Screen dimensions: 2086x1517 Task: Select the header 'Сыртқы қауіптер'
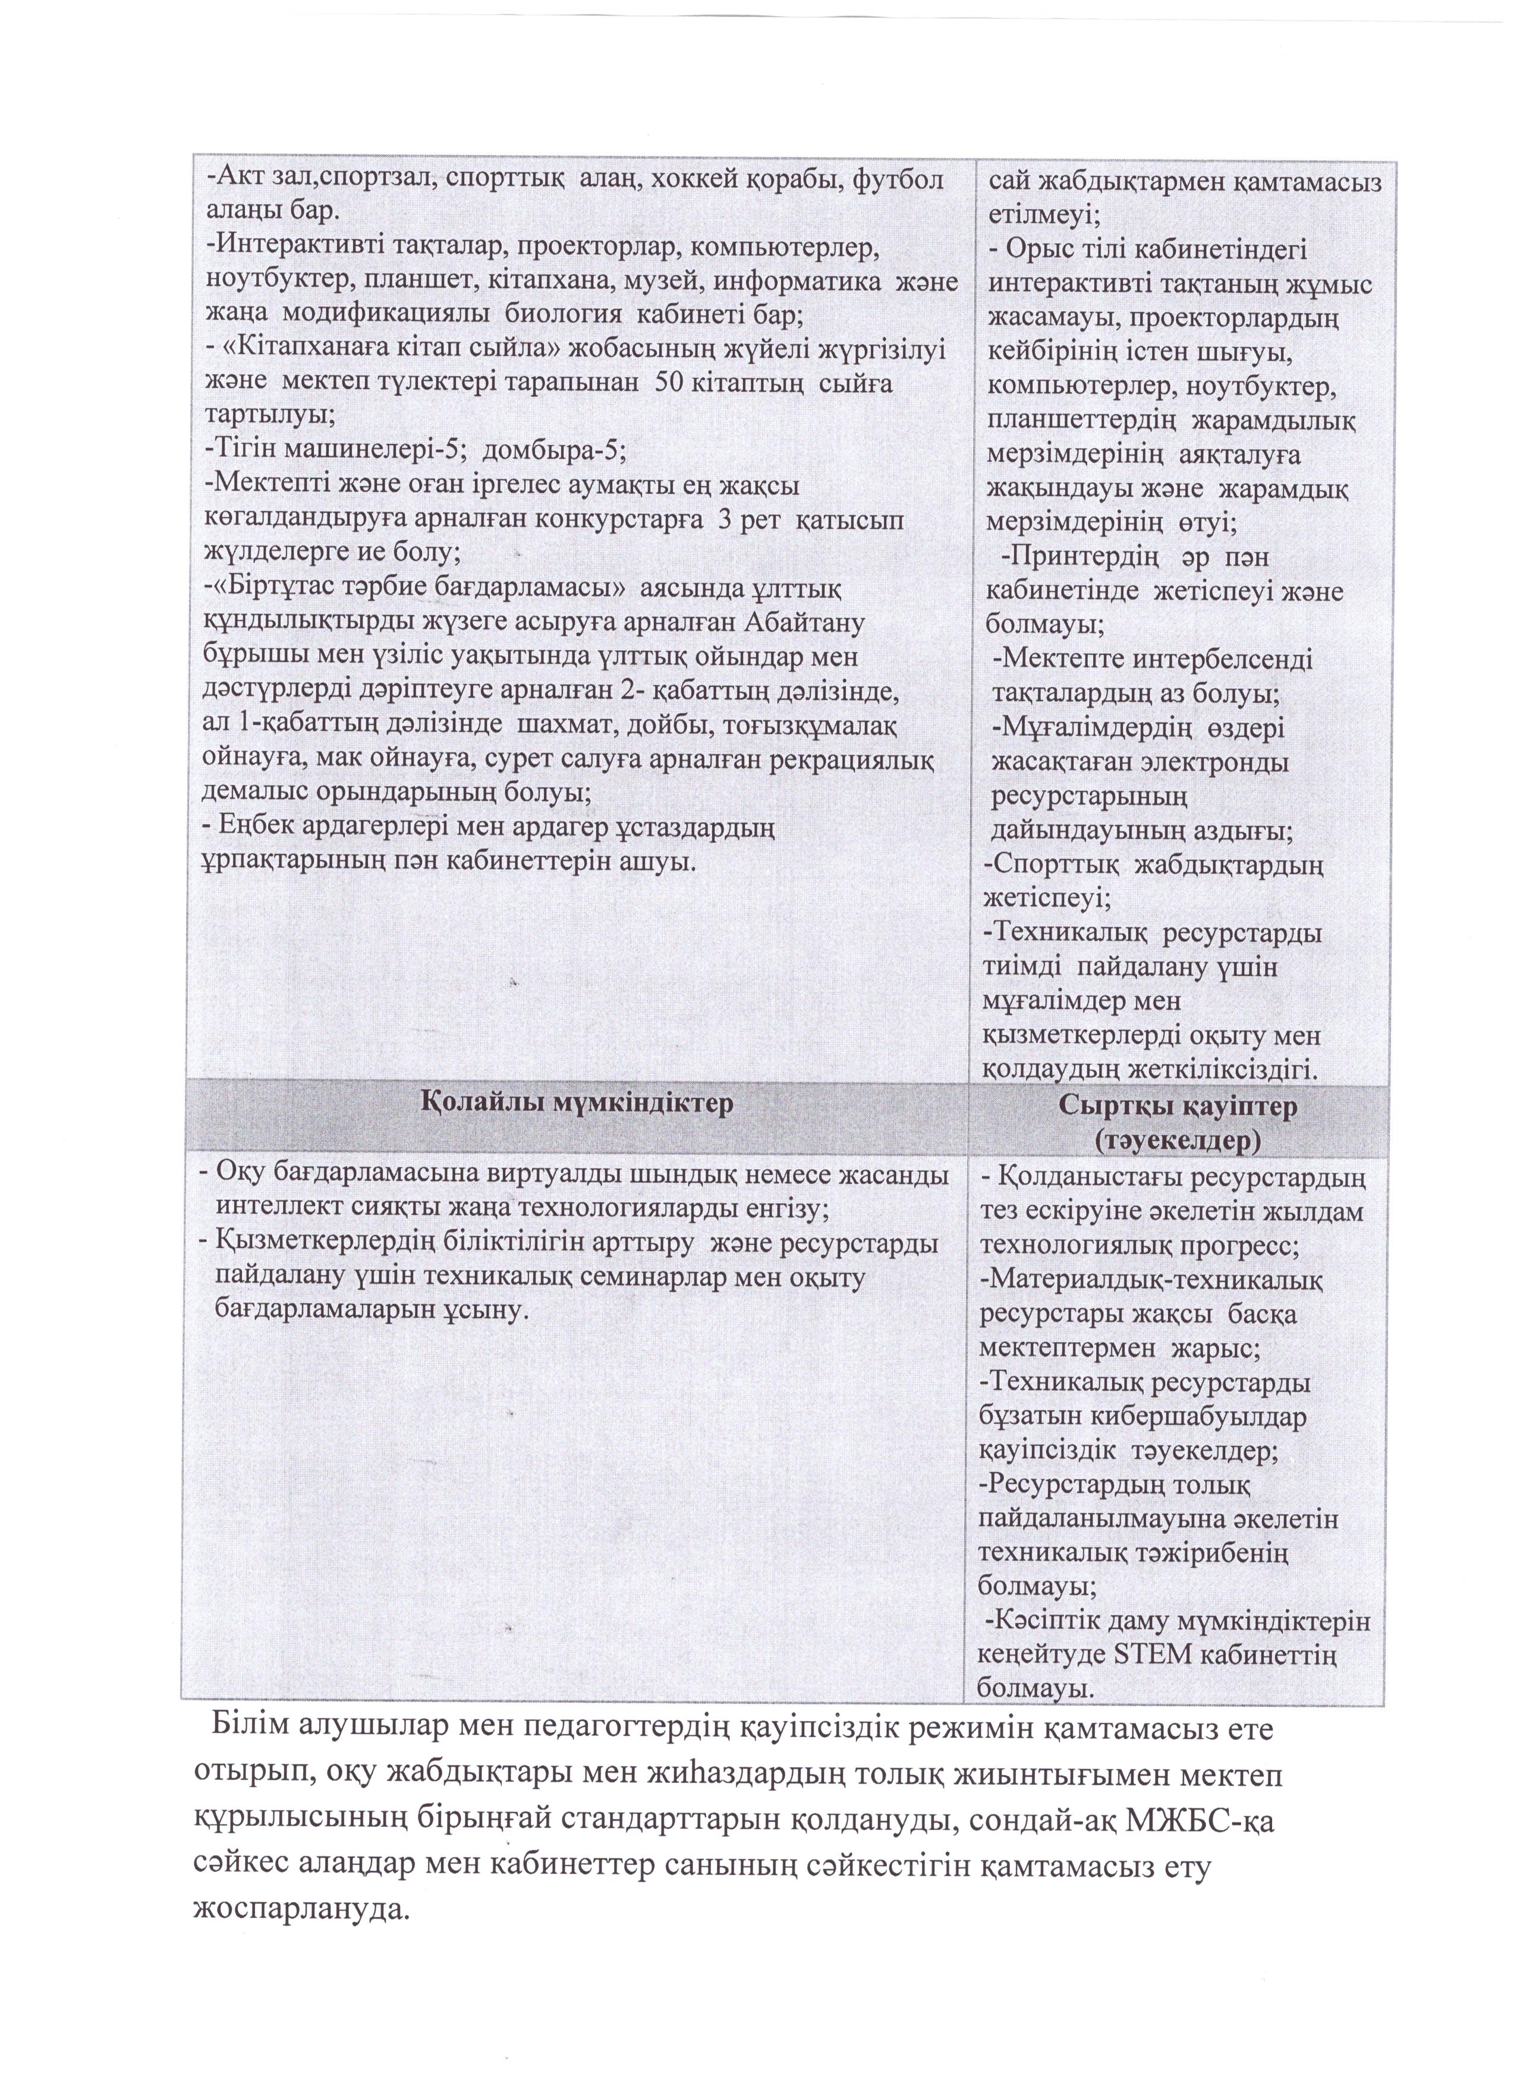pos(1176,1107)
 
